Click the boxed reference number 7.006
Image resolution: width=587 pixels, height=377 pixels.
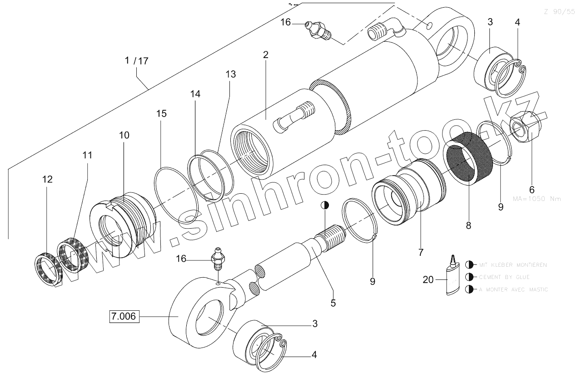[x=124, y=316]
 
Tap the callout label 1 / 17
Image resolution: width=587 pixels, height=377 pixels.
[x=137, y=61]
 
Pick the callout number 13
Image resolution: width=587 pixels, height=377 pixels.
[x=230, y=74]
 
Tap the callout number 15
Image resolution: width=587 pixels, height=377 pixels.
[x=161, y=113]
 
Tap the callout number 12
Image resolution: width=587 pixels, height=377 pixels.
[x=47, y=179]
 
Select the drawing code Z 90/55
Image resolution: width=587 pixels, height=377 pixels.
[x=559, y=12]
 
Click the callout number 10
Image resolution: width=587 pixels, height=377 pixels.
[x=124, y=135]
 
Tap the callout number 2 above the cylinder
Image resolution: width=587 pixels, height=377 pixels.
[x=265, y=55]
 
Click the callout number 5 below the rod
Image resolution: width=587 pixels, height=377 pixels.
[x=333, y=303]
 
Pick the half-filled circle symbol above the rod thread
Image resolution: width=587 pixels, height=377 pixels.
[x=325, y=205]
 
